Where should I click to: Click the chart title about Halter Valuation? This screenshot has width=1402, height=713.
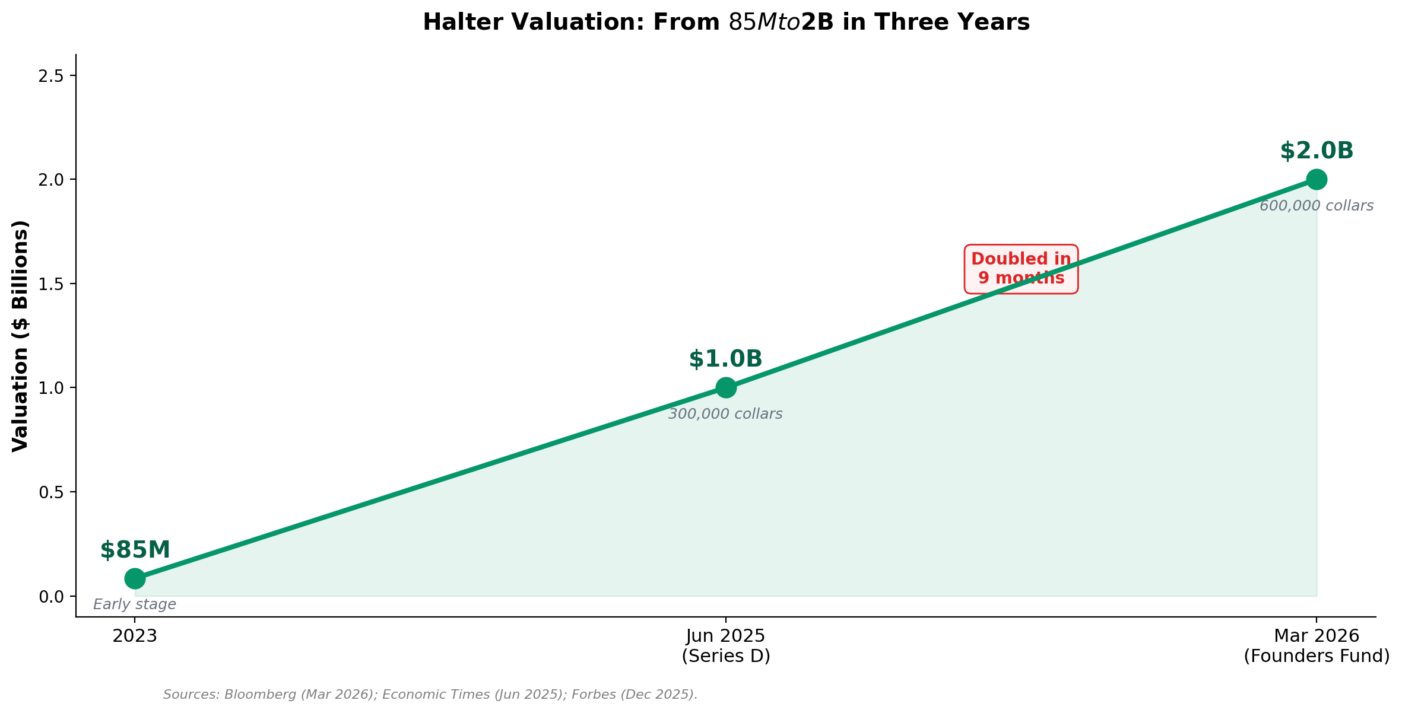point(725,23)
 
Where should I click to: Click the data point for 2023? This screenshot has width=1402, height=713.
point(135,578)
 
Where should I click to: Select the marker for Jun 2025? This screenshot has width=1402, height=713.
point(725,387)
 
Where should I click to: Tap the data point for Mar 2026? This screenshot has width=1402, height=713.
point(1317,179)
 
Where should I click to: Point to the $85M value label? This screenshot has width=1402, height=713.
point(135,550)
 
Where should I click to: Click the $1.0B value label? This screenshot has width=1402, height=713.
point(725,359)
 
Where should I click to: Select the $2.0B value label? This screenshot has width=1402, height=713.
point(1317,151)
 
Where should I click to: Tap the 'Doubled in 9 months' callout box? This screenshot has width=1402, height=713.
point(1021,269)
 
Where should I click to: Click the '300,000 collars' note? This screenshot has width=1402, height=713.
point(725,414)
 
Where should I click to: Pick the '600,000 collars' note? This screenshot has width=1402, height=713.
point(1317,206)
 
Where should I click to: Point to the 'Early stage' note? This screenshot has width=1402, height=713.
point(135,604)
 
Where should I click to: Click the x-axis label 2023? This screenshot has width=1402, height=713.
point(135,636)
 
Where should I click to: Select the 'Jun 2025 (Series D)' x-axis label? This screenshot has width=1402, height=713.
point(725,646)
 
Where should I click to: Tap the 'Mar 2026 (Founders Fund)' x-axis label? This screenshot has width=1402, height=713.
point(1317,646)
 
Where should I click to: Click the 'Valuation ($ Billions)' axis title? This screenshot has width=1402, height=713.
point(20,336)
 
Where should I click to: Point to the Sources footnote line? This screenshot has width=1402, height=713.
point(430,694)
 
